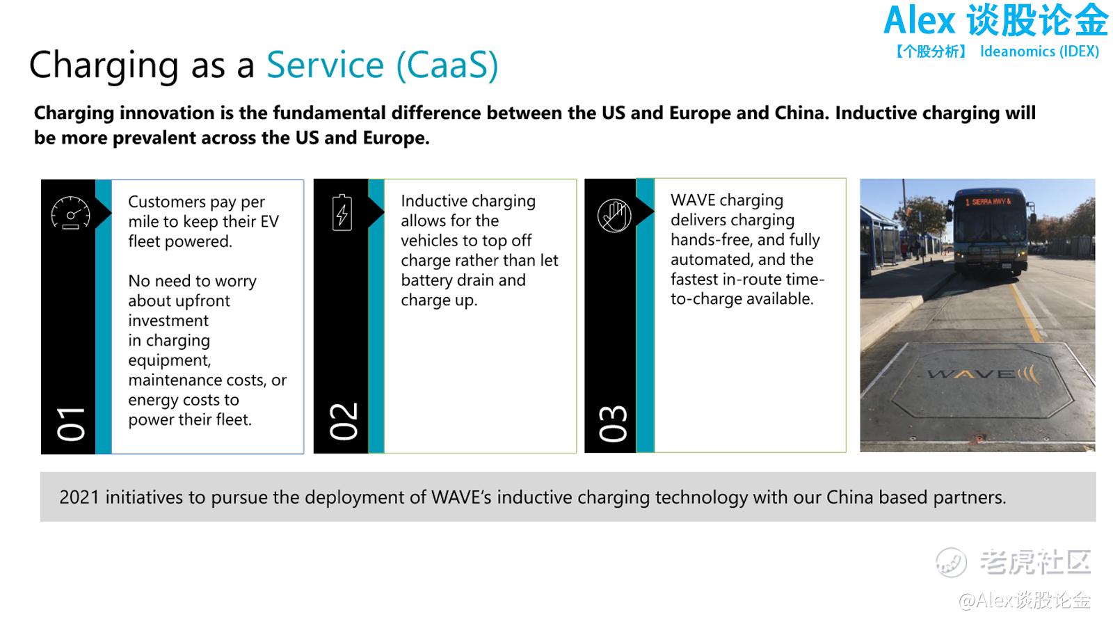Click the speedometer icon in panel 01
(70, 213)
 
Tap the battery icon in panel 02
(342, 213)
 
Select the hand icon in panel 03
(614, 216)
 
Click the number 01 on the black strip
(70, 424)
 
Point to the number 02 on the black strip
(344, 422)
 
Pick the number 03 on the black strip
(613, 424)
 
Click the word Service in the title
(326, 65)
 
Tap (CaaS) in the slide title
(447, 65)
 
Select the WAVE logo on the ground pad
(983, 374)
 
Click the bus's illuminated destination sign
(988, 202)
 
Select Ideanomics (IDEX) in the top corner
(1039, 51)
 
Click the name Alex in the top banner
(919, 21)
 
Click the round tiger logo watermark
(951, 563)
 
